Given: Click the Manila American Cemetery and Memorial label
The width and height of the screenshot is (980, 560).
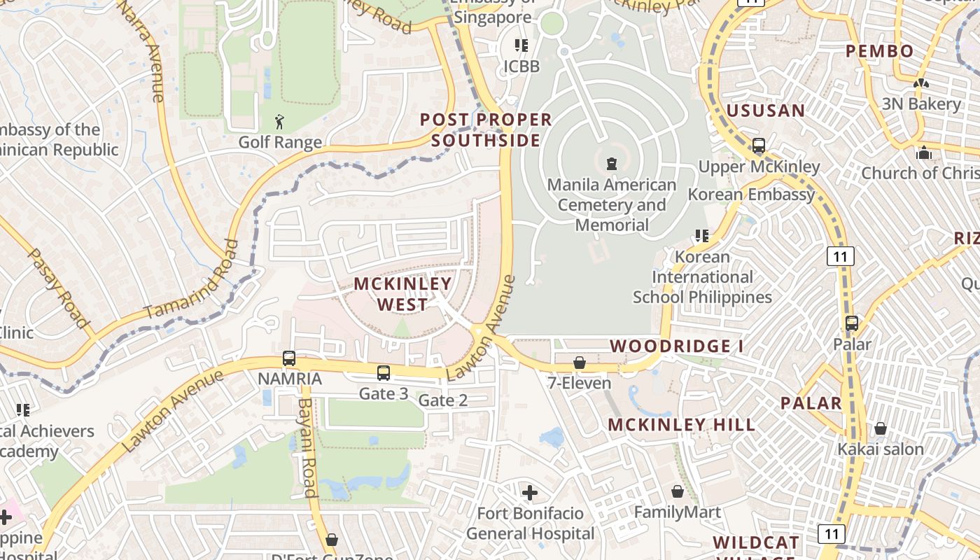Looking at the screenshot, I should click(612, 205).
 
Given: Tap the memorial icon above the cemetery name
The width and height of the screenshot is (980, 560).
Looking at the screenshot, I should click(612, 164).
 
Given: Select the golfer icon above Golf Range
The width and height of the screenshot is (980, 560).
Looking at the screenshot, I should click(280, 122).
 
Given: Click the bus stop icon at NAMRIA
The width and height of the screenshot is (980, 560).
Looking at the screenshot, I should click(289, 358).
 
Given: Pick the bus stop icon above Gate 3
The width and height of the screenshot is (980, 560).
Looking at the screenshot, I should click(384, 373).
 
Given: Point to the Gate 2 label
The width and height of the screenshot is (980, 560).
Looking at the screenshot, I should click(442, 400).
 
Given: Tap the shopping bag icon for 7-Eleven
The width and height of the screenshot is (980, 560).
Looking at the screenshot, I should click(580, 363).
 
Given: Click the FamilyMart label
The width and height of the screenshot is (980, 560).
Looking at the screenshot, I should click(677, 512).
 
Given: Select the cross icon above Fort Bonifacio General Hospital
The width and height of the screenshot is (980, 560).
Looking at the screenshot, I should click(530, 493).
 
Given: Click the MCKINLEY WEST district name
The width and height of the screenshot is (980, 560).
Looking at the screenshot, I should click(402, 294).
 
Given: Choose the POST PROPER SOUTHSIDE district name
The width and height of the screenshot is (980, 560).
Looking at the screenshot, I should click(486, 130).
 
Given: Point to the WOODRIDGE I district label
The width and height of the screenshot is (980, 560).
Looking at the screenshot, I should click(676, 346).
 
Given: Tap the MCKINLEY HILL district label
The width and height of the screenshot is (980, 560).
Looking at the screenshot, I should click(681, 425).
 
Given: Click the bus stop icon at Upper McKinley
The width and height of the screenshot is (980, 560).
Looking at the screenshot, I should click(759, 146).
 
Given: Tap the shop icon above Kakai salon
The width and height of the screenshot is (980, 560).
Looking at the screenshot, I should click(881, 428).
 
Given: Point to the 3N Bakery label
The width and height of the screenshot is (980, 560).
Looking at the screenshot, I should click(920, 104).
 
